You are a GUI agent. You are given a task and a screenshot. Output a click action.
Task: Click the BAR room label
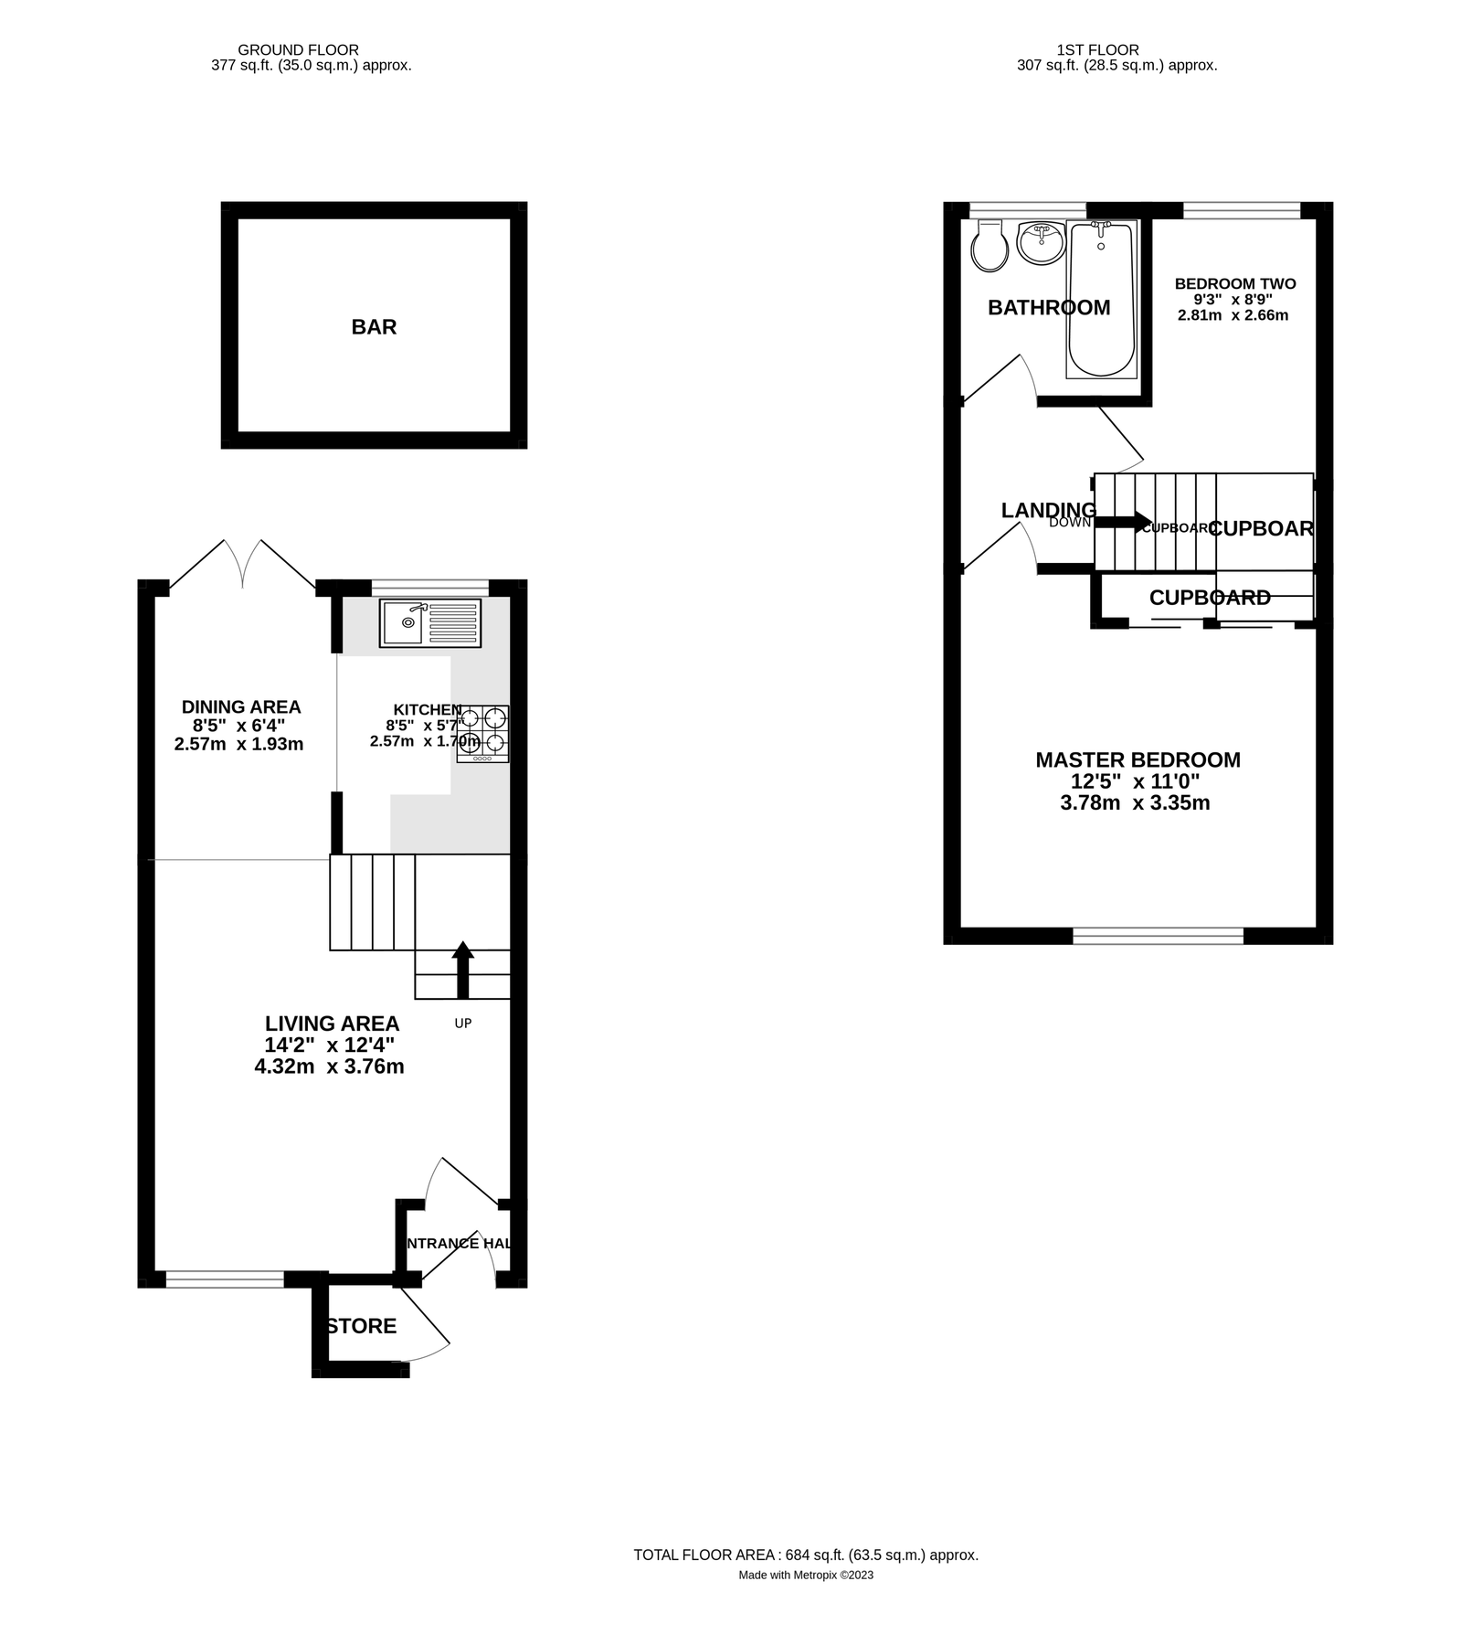coord(374,327)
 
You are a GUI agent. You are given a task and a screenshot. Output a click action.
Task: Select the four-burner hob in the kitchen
coord(483,733)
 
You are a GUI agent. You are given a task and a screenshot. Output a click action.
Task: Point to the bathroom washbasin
coord(1041,243)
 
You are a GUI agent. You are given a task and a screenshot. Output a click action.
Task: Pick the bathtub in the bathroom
coord(1101,299)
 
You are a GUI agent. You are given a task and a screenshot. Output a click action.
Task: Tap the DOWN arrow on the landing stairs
coord(1123,522)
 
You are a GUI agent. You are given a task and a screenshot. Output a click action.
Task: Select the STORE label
coord(362,1326)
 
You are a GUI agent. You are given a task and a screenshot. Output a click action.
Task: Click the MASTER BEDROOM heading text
coord(1138,759)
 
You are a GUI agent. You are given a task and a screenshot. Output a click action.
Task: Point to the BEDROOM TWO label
coord(1234,283)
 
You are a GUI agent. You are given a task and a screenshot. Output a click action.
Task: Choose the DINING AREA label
coord(241,706)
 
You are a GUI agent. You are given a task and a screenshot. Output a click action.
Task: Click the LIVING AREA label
coord(332,1024)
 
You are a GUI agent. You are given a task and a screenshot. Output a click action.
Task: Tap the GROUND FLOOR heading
coord(298,50)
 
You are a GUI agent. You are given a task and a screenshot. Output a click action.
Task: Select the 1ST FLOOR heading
coord(1097,50)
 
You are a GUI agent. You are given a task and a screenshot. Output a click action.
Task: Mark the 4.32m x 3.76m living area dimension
coord(329,1067)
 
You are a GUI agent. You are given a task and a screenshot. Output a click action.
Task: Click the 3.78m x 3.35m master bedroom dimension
coord(1135,803)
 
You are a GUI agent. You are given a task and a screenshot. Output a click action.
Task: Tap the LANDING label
coord(1048,510)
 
